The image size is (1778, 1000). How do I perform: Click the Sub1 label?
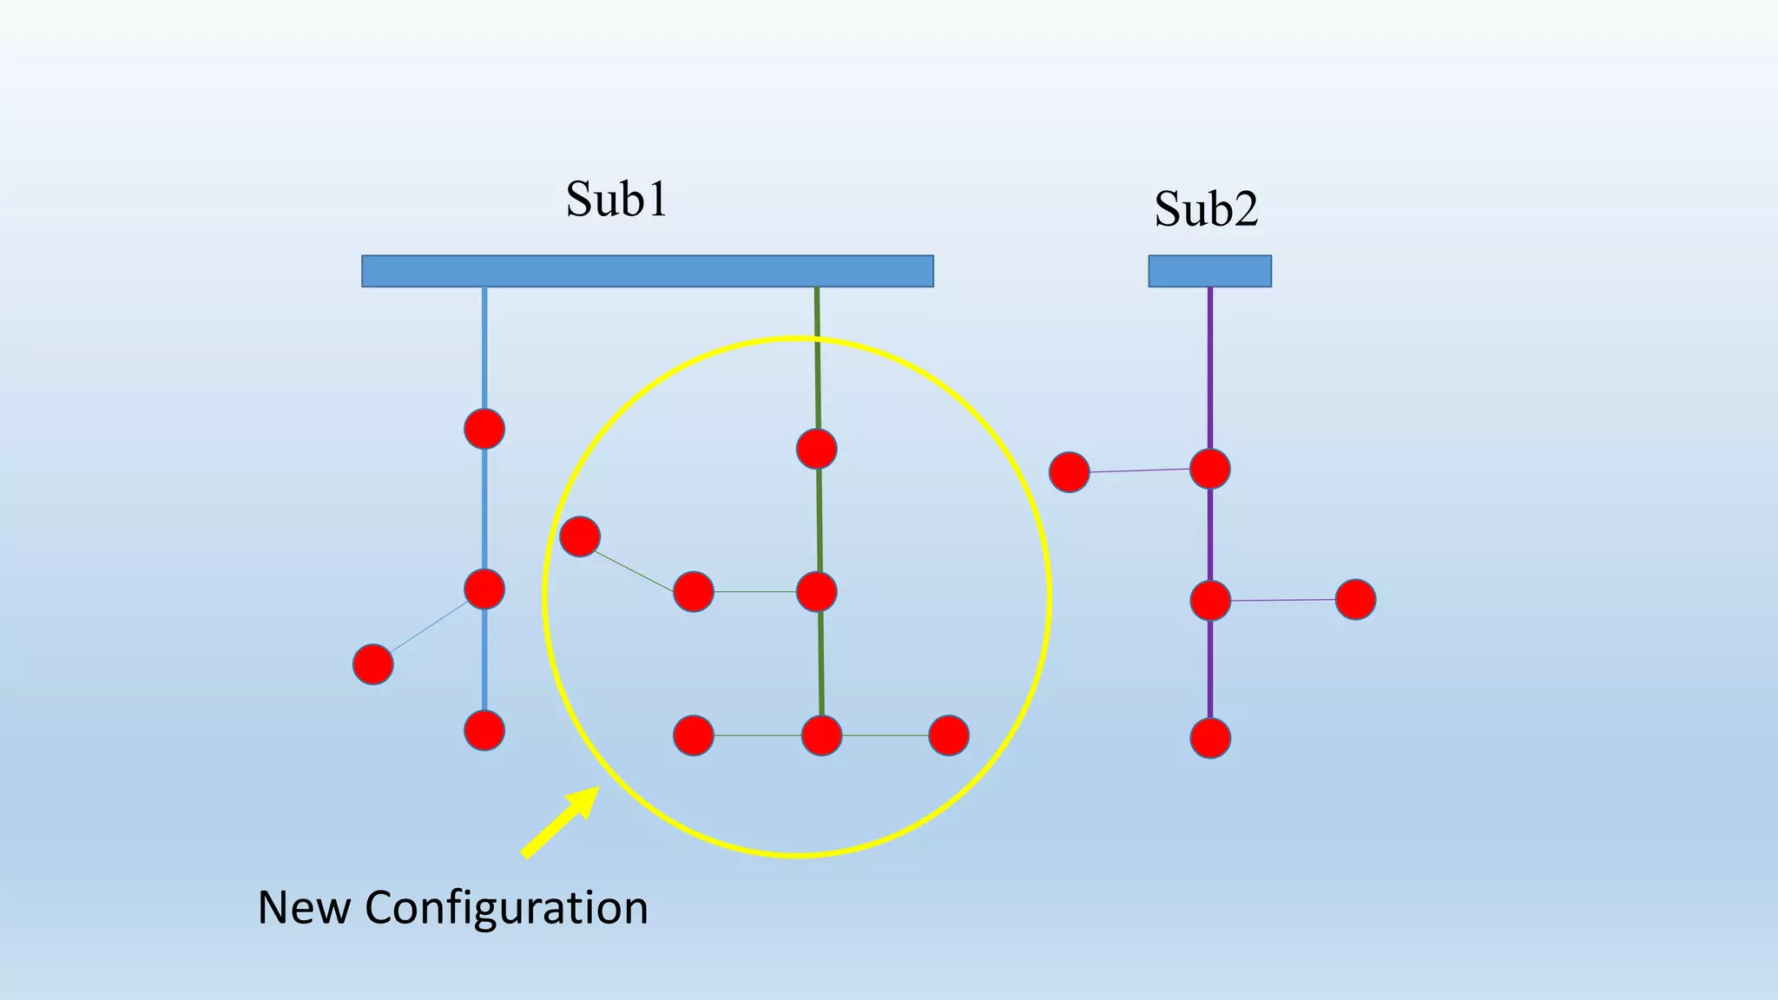click(x=616, y=199)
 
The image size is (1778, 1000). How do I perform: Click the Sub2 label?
click(x=1206, y=208)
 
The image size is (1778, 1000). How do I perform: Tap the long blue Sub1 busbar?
click(x=647, y=271)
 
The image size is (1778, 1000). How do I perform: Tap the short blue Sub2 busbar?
click(x=1209, y=271)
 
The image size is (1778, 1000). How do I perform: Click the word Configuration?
click(x=506, y=908)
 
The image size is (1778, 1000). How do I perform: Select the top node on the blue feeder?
click(x=484, y=429)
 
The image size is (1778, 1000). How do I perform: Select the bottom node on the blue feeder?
click(x=484, y=730)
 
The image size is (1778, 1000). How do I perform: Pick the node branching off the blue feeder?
click(x=373, y=665)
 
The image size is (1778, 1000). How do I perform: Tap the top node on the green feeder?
click(x=817, y=449)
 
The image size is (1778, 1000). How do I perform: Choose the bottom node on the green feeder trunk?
click(x=821, y=735)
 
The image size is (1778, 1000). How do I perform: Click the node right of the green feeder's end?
click(x=949, y=735)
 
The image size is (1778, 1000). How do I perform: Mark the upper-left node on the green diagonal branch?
click(x=580, y=536)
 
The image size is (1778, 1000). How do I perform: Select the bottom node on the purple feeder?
click(x=1210, y=739)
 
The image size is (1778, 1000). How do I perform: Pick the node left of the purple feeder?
click(x=1070, y=472)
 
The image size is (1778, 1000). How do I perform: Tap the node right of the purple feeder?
click(x=1355, y=599)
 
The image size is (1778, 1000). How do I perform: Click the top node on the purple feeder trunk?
click(x=1210, y=469)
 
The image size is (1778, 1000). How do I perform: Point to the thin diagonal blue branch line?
click(x=428, y=628)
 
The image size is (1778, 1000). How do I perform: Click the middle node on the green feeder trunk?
click(x=817, y=592)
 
